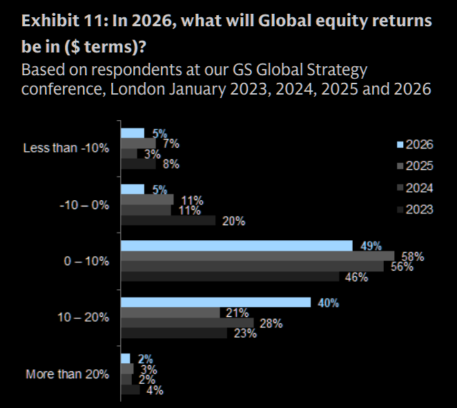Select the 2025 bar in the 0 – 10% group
tap(257, 256)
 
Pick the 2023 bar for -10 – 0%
tap(168, 221)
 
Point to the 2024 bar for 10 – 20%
tap(187, 322)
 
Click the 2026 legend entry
tap(414, 144)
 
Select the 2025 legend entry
tap(414, 166)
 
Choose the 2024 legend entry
tap(414, 188)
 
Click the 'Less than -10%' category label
tap(66, 148)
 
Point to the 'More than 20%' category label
tap(68, 374)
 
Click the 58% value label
tap(413, 257)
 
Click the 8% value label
tap(171, 164)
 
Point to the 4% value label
tap(155, 390)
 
